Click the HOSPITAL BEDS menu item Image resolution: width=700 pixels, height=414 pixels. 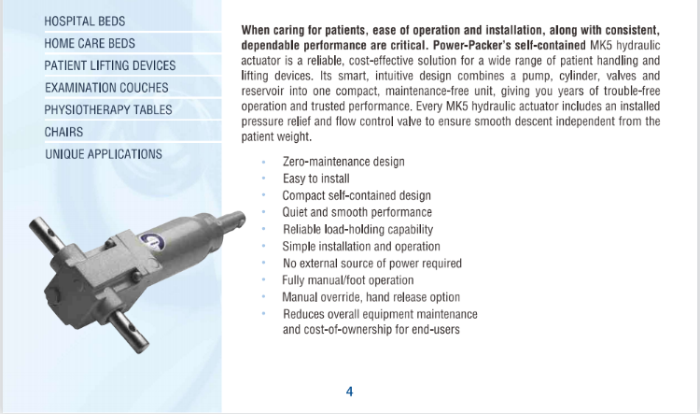[85, 21]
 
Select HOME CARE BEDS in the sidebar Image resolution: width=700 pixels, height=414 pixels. [90, 43]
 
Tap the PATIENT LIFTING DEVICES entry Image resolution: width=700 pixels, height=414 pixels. [109, 65]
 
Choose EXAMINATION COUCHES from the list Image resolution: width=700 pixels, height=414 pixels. [106, 88]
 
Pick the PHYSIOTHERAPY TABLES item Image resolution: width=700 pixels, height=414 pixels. [109, 110]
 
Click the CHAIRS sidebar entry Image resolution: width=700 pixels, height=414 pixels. [63, 132]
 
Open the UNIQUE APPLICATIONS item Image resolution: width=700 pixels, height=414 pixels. [104, 154]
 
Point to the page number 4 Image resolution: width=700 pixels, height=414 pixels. [350, 392]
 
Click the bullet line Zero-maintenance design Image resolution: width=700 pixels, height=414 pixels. [343, 162]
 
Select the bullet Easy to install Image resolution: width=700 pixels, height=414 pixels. [316, 178]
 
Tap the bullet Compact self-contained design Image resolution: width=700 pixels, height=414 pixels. [357, 195]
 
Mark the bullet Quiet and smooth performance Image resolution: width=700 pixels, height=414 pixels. [357, 212]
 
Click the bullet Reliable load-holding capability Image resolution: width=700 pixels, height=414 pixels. [357, 229]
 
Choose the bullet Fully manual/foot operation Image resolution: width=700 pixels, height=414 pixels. [348, 280]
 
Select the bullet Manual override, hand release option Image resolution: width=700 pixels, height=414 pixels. [371, 297]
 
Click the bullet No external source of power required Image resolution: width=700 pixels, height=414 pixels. [372, 264]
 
